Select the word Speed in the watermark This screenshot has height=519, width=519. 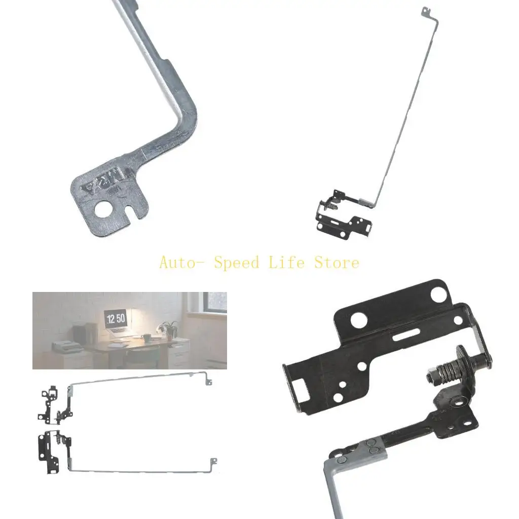click(236, 263)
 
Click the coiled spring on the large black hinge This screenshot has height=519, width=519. click(448, 381)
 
